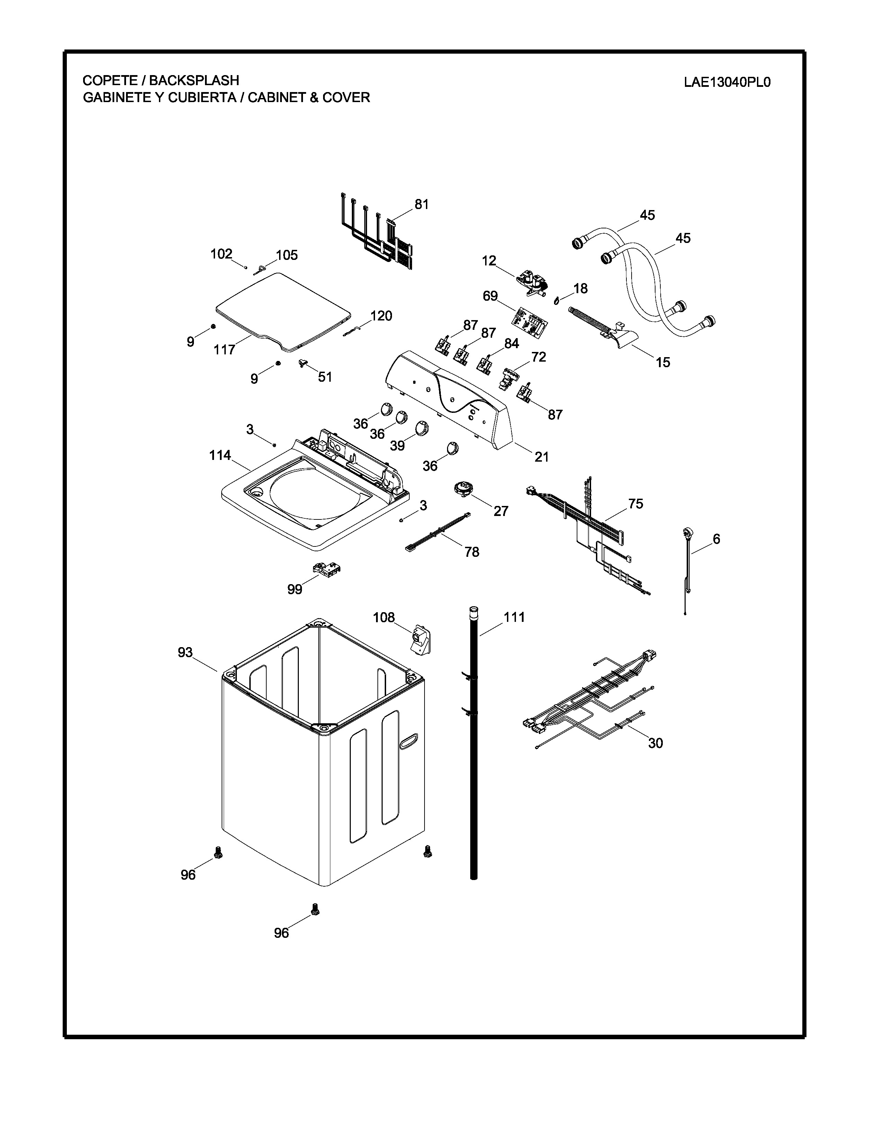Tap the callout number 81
[x=422, y=205]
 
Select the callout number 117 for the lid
[x=224, y=350]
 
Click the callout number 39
[x=397, y=445]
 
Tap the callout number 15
[x=663, y=362]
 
